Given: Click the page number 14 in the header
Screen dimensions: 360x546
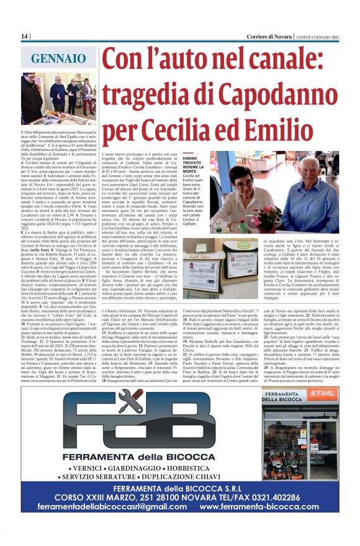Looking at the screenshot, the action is (x=25, y=37).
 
